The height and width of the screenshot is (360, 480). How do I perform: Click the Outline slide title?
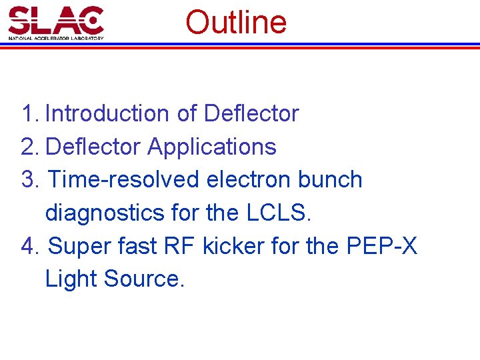point(236,22)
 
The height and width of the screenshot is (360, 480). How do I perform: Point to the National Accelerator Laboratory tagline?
point(56,38)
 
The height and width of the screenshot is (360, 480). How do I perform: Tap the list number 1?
point(31,114)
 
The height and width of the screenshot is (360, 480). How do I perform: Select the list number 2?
point(31,147)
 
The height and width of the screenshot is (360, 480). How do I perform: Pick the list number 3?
point(31,180)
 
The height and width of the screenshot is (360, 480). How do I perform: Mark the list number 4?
point(31,246)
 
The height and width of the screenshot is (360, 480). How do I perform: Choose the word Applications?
point(212,147)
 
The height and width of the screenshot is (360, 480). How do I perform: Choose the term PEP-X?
point(382,246)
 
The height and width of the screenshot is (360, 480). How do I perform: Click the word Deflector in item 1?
point(251,114)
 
